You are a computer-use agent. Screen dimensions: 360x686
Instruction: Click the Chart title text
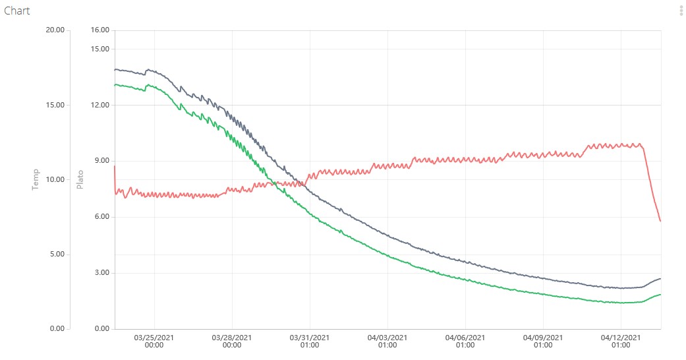tap(17, 11)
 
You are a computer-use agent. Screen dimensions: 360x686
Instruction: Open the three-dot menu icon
tap(681, 11)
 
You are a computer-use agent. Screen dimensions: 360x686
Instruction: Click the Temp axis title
tap(36, 179)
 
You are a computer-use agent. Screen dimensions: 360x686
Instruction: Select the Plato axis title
tap(80, 179)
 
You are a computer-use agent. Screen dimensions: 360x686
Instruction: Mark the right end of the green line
tap(660, 294)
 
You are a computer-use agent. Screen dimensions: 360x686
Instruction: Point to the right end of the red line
tap(660, 221)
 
